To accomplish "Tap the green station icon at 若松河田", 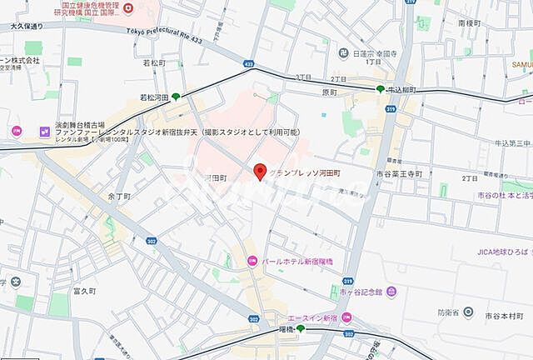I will pos(175,97).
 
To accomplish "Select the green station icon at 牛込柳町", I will pos(380,89).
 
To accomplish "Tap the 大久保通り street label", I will pos(27,26).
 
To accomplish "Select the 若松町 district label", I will pos(155,62).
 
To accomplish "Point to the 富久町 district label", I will pos(85,291).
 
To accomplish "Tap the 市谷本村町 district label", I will pos(502,315).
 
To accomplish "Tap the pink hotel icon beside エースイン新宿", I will pos(346,317).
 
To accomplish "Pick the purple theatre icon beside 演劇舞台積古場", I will pos(42,131).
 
